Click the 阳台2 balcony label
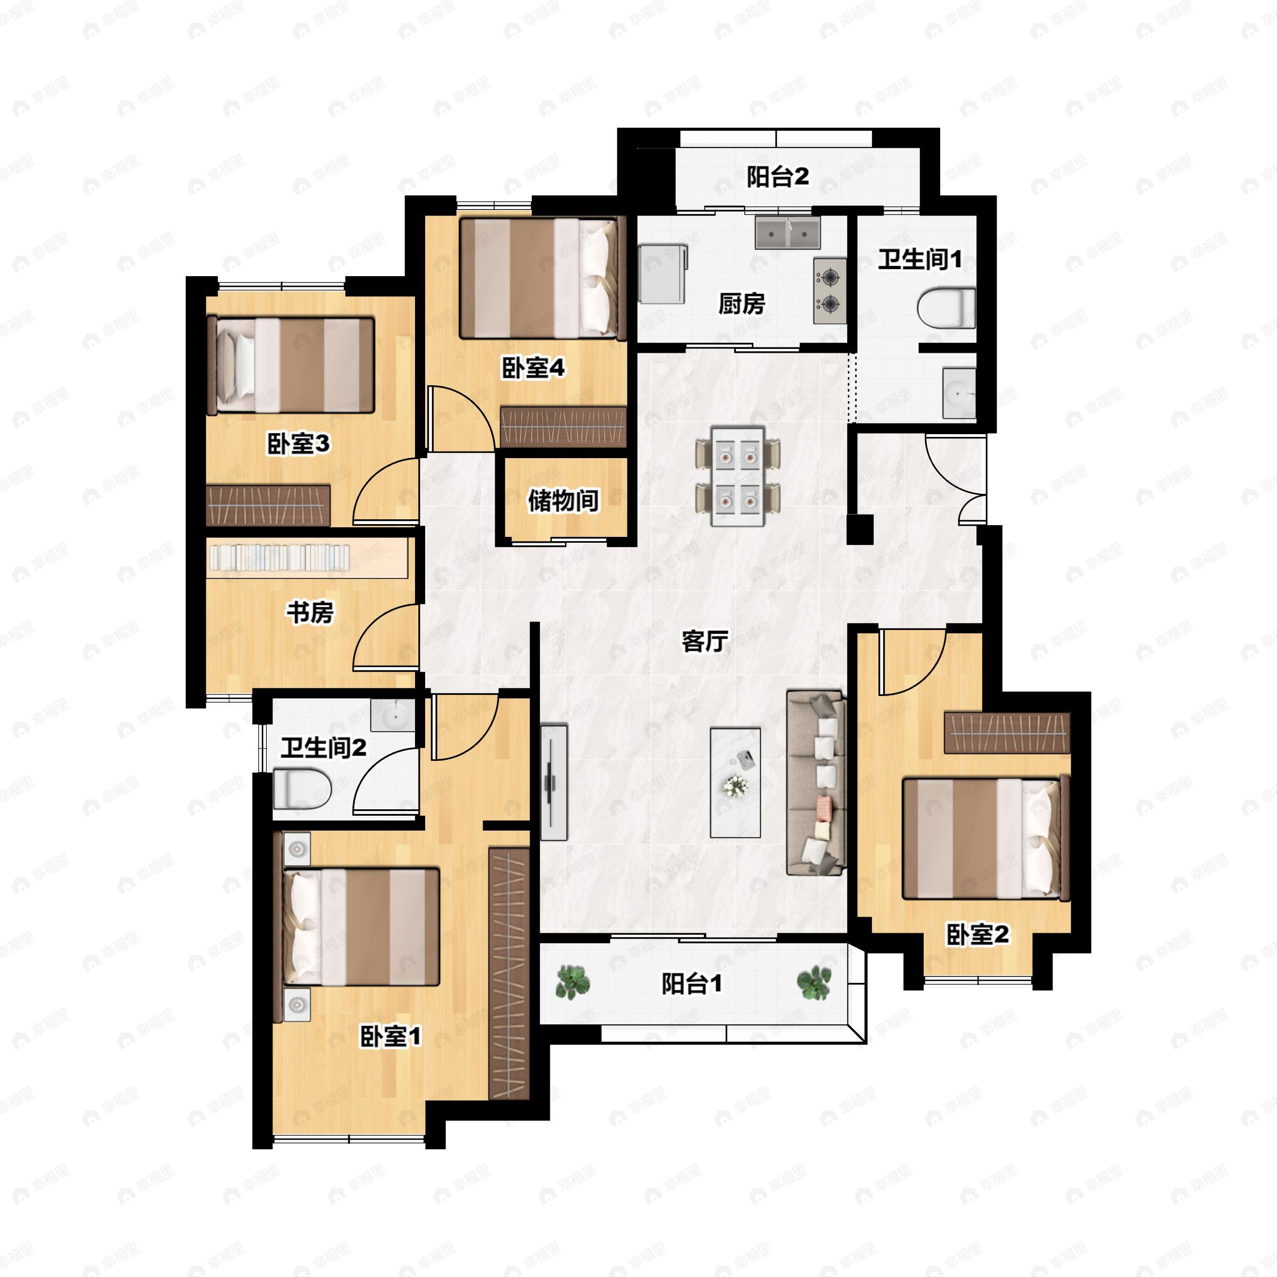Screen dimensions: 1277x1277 [778, 177]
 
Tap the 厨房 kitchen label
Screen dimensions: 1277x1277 [742, 303]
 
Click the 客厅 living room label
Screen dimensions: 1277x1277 [705, 641]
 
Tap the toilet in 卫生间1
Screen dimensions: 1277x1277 [947, 308]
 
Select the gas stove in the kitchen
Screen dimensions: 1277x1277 [830, 291]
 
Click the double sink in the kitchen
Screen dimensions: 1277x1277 [788, 232]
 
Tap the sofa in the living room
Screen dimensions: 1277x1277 [816, 783]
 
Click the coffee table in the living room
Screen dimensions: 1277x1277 [735, 783]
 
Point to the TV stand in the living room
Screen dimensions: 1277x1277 [554, 783]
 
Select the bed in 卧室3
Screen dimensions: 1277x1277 [292, 365]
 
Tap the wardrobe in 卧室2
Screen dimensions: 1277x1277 [1007, 733]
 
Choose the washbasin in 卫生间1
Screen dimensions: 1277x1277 [959, 393]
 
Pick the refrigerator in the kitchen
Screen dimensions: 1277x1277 [663, 273]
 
